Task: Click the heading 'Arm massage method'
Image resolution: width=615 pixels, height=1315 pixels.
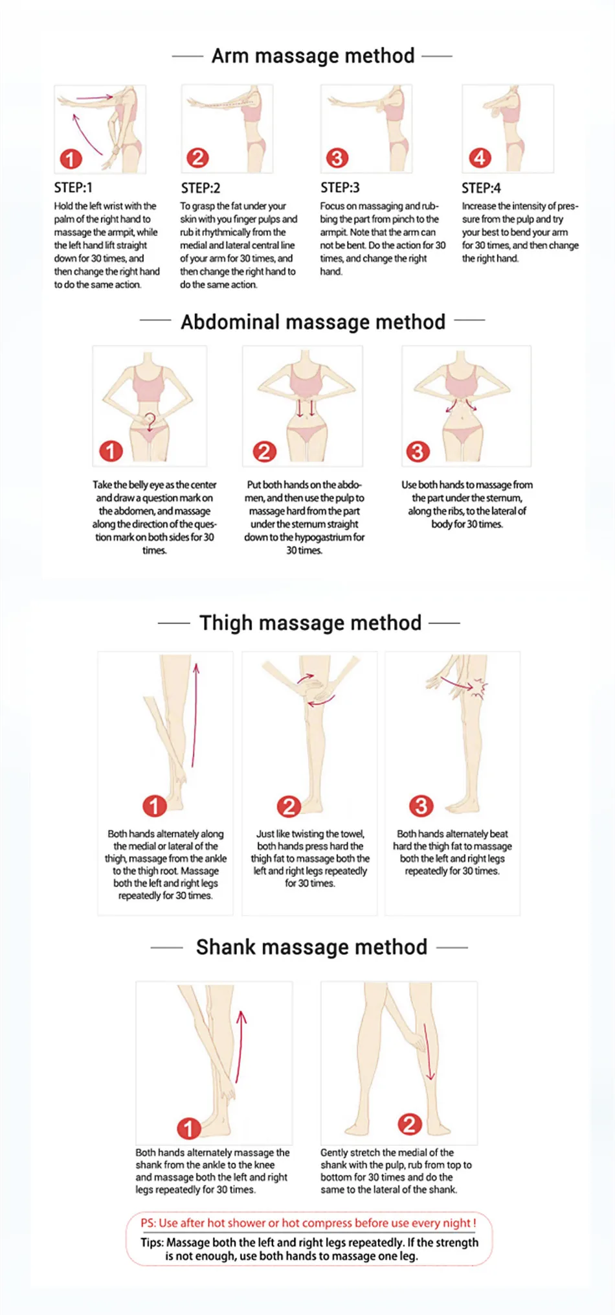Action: pos(313,56)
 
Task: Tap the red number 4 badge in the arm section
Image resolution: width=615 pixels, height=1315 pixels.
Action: pos(480,157)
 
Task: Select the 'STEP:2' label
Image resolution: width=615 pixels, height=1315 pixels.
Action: pos(201,188)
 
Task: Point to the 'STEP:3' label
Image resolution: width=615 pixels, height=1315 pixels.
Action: pos(340,187)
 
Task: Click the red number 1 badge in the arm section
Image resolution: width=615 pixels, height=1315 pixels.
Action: pos(71,159)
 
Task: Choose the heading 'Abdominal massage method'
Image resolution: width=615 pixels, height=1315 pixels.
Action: pos(313,322)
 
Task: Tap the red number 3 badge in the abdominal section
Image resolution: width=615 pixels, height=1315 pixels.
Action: pos(418,451)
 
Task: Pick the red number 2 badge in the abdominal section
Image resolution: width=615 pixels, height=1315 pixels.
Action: pos(264,451)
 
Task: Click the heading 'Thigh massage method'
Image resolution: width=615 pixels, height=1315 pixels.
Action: pos(310,623)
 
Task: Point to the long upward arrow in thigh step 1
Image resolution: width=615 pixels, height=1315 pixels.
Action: pos(195,715)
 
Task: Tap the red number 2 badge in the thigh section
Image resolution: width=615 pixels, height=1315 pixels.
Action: pos(289,806)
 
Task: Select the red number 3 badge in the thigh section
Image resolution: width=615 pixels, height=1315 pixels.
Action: pos(421,806)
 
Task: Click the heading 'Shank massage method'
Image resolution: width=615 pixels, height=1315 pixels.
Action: pos(311,947)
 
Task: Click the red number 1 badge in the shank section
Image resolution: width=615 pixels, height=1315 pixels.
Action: pos(188,1128)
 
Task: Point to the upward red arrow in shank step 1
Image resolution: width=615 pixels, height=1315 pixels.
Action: pos(240,1047)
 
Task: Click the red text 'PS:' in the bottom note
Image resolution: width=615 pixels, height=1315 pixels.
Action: pos(148,1223)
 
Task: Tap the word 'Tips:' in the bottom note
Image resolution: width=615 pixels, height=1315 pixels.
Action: pos(152,1242)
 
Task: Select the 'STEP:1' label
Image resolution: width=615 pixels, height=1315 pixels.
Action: pos(73,187)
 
